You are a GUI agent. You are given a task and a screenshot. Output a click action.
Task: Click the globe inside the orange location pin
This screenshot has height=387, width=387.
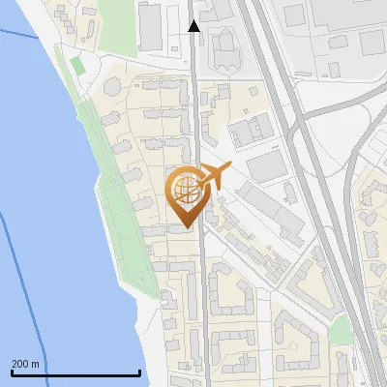185,189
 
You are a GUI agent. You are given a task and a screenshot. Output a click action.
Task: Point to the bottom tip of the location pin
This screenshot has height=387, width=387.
186,227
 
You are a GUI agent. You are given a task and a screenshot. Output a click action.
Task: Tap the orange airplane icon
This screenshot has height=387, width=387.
215,176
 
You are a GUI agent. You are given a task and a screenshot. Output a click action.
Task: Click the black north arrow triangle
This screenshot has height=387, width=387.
193,26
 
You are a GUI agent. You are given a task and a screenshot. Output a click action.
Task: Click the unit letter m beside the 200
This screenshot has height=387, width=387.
35,364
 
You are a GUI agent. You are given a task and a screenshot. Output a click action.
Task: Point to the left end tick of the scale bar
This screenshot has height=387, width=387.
11,372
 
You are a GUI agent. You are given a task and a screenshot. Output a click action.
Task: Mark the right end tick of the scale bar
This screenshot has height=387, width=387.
140,372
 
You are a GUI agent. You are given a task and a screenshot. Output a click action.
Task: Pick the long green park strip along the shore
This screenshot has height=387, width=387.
121,213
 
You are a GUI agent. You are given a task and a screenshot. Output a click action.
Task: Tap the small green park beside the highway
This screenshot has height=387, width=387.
340,330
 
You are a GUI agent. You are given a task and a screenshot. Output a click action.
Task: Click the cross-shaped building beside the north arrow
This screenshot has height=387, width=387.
224,44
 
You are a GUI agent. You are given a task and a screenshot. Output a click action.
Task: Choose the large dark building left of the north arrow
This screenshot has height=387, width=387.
150,26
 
